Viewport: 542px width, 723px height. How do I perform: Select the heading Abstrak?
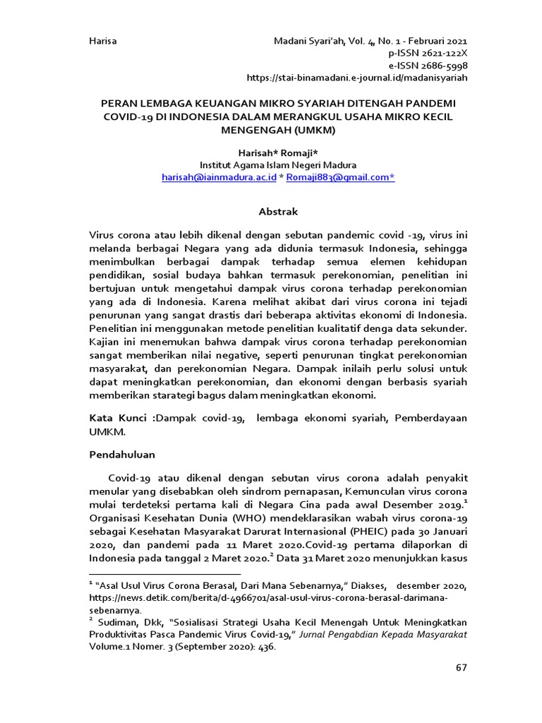click(278, 211)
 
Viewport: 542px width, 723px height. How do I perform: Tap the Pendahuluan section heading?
click(122, 453)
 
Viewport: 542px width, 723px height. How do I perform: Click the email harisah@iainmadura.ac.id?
click(219, 178)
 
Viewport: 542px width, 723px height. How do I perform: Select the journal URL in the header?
click(356, 77)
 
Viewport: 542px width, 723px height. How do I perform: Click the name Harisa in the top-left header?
click(102, 41)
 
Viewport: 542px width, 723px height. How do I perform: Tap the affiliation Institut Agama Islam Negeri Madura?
click(278, 165)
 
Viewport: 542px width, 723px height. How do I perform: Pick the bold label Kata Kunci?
click(121, 418)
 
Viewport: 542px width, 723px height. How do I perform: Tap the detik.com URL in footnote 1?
click(268, 598)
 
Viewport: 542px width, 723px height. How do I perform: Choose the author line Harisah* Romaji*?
click(278, 153)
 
